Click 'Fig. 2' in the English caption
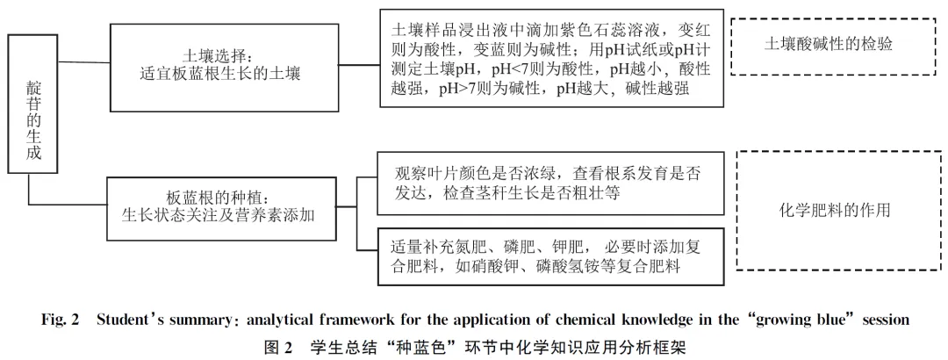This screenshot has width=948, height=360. [61, 320]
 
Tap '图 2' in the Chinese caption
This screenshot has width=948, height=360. [279, 348]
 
